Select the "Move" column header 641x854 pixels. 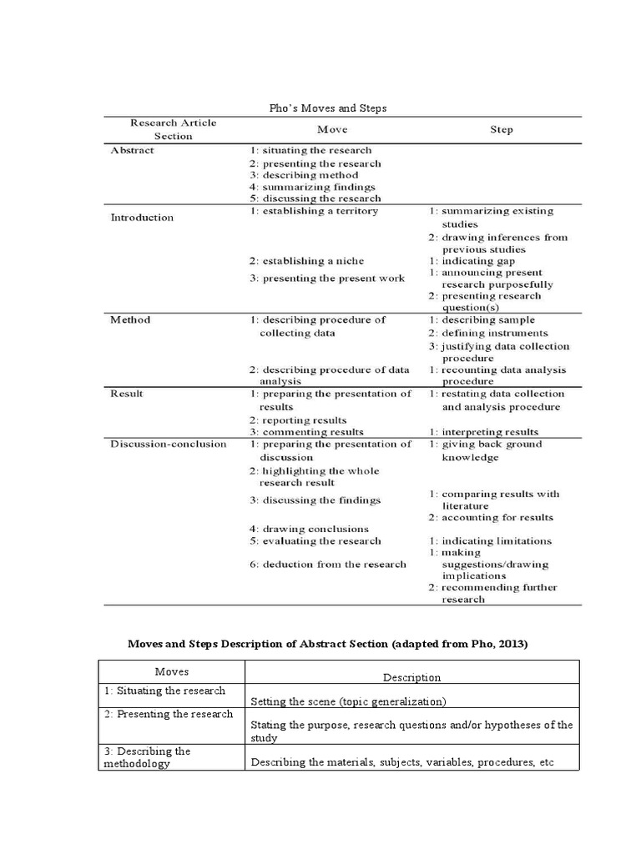pyautogui.click(x=332, y=129)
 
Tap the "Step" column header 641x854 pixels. pyautogui.click(x=502, y=129)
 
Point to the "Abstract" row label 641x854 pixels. pyautogui.click(x=132, y=151)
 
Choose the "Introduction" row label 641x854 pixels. pyautogui.click(x=142, y=218)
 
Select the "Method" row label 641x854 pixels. pyautogui.click(x=130, y=319)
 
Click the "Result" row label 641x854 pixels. pyautogui.click(x=128, y=394)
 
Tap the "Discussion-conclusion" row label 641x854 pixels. pyautogui.click(x=168, y=444)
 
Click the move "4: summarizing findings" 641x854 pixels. pyautogui.click(x=312, y=187)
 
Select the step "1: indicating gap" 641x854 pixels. pyautogui.click(x=472, y=261)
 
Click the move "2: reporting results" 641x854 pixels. pyautogui.click(x=298, y=420)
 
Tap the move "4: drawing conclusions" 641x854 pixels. pyautogui.click(x=309, y=529)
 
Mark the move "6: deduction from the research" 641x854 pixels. pyautogui.click(x=328, y=564)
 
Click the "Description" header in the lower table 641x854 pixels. pyautogui.click(x=411, y=677)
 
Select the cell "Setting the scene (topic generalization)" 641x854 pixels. pyautogui.click(x=349, y=701)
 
